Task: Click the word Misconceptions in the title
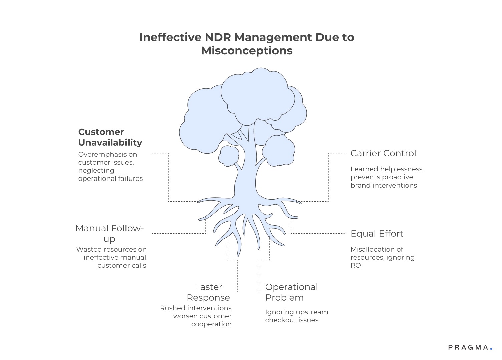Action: click(x=247, y=51)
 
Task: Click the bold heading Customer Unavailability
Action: click(x=110, y=137)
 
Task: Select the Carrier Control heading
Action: click(x=383, y=153)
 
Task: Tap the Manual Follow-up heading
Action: click(x=109, y=233)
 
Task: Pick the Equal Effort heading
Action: click(x=377, y=234)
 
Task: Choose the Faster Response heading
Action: click(x=208, y=292)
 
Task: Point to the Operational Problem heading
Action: click(x=291, y=292)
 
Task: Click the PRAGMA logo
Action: click(x=468, y=347)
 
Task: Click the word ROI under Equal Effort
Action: click(x=356, y=265)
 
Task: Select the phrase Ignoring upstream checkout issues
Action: click(x=296, y=316)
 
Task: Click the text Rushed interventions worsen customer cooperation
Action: click(x=196, y=316)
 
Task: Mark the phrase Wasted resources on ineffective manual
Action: click(x=111, y=253)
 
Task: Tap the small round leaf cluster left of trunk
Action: click(x=229, y=156)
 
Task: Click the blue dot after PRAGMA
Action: click(x=491, y=349)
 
